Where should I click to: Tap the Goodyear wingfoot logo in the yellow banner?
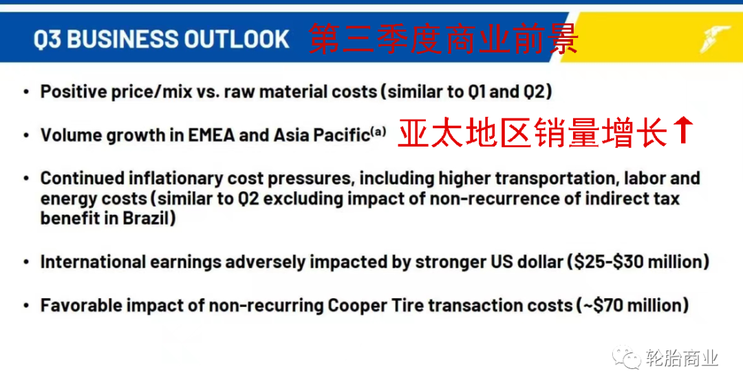715,38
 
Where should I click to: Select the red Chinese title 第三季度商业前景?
444,39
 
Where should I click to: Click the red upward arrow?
683,130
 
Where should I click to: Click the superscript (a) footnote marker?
378,130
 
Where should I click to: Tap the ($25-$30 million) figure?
638,262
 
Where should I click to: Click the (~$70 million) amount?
632,305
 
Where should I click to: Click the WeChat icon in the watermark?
626,357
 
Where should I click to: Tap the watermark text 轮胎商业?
682,358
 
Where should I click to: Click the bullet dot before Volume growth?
26,136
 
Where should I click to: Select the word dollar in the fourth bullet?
541,262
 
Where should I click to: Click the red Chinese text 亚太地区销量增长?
532,133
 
